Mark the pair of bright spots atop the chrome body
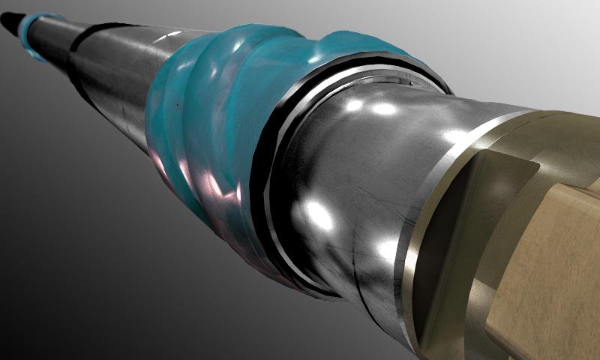coord(367,107)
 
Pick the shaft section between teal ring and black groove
coord(56,37)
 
